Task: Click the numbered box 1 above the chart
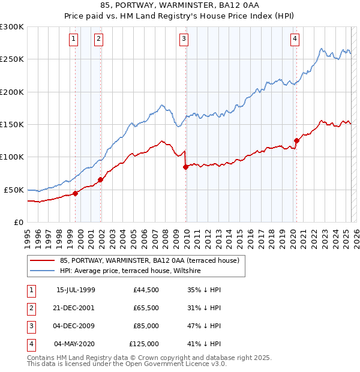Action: pyautogui.click(x=73, y=40)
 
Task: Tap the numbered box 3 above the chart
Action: pyautogui.click(x=184, y=40)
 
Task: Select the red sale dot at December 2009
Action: pyautogui.click(x=185, y=167)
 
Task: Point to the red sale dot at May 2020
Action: pyautogui.click(x=296, y=141)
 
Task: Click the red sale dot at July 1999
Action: pyautogui.click(x=76, y=193)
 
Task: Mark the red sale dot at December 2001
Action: pyautogui.click(x=101, y=179)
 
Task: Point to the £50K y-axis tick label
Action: pyautogui.click(x=14, y=190)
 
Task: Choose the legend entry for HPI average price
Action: pyautogui.click(x=133, y=271)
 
